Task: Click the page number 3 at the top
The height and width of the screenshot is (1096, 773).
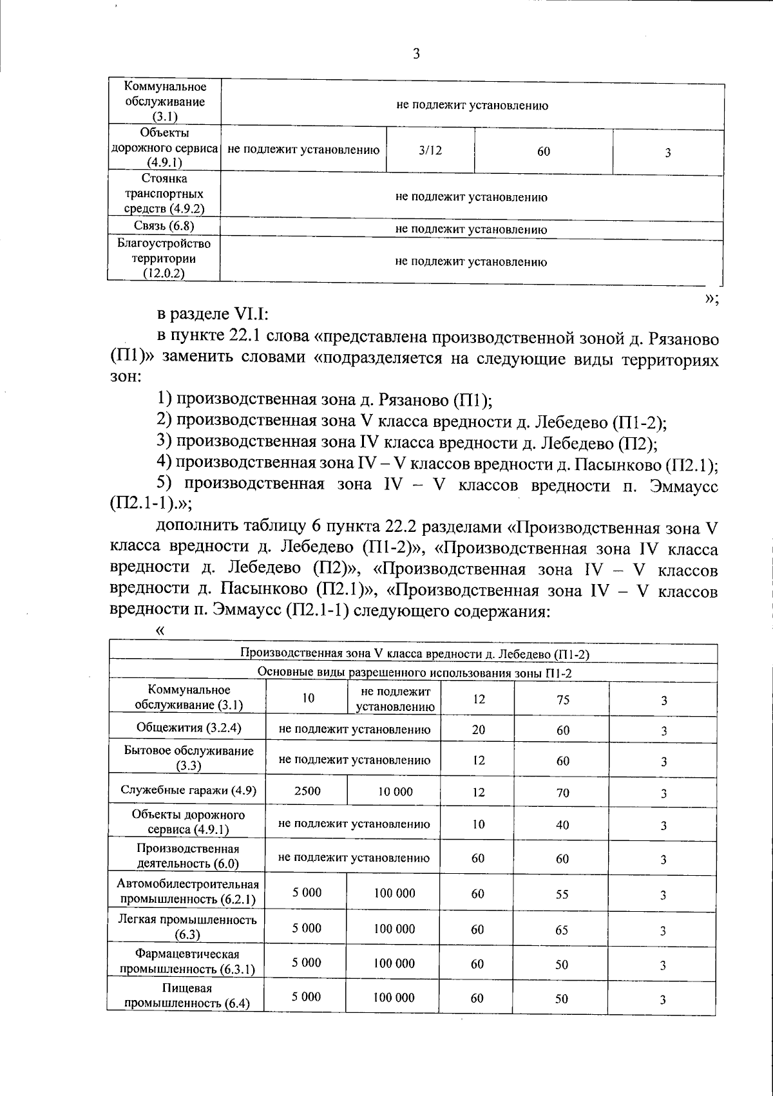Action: click(415, 55)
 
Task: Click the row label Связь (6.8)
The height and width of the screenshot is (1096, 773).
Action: click(164, 226)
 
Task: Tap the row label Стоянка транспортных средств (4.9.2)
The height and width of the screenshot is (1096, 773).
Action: click(164, 194)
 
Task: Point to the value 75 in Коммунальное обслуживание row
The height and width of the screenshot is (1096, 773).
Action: click(563, 700)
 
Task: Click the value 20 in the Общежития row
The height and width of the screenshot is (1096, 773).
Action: click(478, 730)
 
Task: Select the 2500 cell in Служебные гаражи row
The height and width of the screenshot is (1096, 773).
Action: click(307, 791)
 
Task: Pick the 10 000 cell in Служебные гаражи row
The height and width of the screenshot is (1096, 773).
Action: click(396, 792)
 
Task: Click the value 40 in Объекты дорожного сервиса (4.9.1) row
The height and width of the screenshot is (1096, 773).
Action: click(562, 825)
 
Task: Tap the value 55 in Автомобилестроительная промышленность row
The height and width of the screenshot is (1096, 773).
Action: click(562, 894)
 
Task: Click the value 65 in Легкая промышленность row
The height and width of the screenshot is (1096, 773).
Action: click(562, 929)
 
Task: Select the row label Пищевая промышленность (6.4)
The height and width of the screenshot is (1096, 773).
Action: click(187, 996)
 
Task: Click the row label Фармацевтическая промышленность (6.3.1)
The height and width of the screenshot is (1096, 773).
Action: click(187, 961)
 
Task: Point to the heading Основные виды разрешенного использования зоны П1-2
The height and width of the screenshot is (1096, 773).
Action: click(414, 673)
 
